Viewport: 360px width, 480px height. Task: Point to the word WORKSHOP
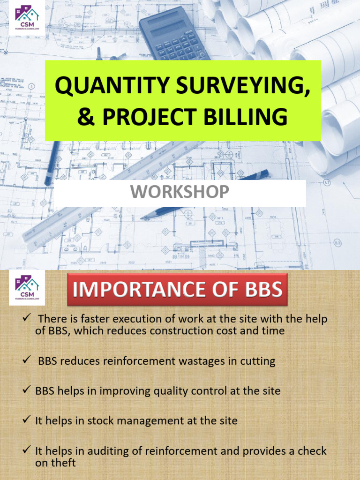(x=180, y=192)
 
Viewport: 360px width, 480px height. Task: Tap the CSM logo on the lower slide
(x=27, y=287)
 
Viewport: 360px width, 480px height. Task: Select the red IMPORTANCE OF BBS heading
(x=178, y=290)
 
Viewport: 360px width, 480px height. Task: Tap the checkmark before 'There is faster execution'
(x=27, y=319)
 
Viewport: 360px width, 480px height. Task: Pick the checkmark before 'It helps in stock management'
(x=27, y=420)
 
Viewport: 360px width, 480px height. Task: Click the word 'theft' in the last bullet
(x=63, y=463)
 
